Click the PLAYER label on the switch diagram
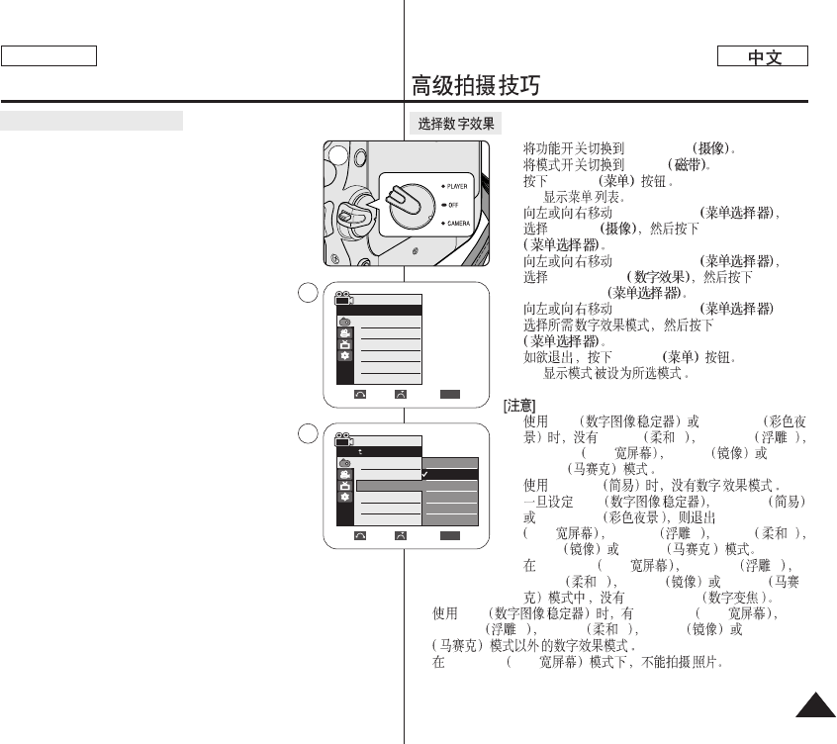coord(456,185)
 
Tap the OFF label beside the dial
coord(452,204)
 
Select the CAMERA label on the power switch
coord(456,224)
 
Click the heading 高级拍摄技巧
coord(476,87)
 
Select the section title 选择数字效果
coord(455,124)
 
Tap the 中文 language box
coord(764,57)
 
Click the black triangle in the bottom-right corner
coord(812,708)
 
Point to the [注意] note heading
coord(520,407)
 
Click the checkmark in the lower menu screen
coord(424,475)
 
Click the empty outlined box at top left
coord(48,55)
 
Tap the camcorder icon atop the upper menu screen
coord(344,298)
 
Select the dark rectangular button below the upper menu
coord(450,393)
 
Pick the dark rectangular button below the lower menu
coord(450,534)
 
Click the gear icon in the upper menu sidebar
coord(345,354)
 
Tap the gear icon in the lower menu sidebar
coord(345,497)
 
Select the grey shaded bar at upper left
coord(92,121)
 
